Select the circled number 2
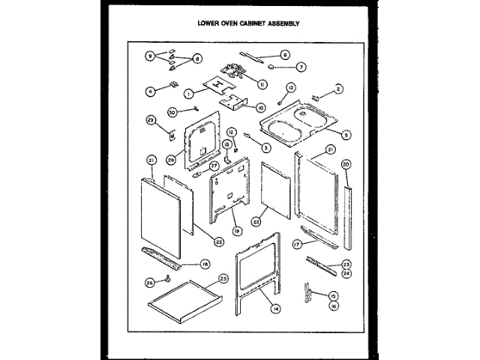339,88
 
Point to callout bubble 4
150,91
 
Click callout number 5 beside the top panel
346,135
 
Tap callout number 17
297,244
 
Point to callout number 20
346,163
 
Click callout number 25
223,278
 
